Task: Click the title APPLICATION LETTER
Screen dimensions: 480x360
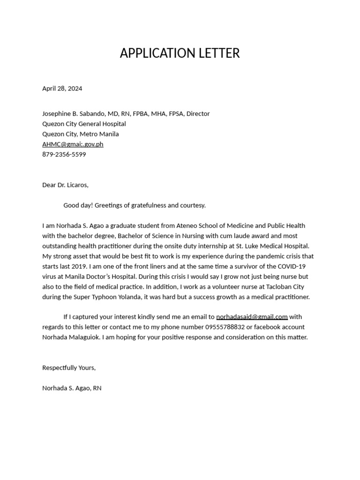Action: pos(180,53)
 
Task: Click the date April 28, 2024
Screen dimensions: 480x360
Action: pos(62,88)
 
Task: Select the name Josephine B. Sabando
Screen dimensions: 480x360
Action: pos(75,113)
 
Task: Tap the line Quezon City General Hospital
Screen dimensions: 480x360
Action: pos(84,124)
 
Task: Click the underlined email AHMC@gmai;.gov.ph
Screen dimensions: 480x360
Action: pos(73,144)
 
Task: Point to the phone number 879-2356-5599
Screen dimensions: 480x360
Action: pos(64,154)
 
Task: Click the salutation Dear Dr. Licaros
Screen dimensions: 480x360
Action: pos(65,185)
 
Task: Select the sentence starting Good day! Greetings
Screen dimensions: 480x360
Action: pos(135,205)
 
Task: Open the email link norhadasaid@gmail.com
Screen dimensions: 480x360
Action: pos(252,317)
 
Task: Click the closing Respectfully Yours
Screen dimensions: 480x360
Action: pos(69,367)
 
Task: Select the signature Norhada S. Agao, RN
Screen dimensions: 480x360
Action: pos(72,388)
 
